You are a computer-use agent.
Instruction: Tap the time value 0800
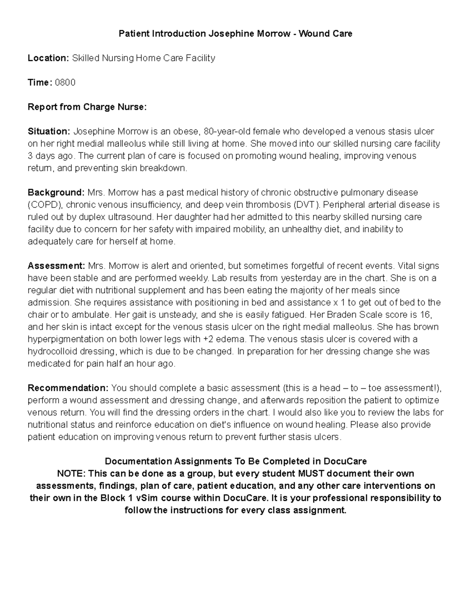pos(65,83)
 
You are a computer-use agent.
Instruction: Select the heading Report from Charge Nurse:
pos(87,107)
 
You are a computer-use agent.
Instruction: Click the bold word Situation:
pos(49,131)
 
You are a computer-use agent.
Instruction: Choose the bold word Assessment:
pos(56,266)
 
